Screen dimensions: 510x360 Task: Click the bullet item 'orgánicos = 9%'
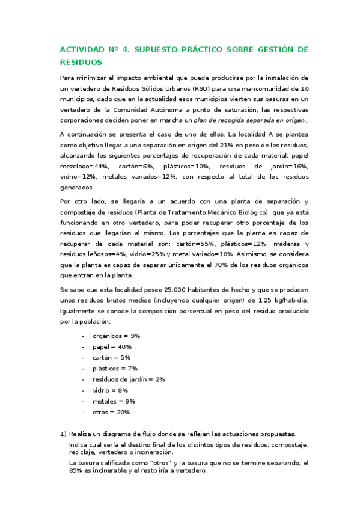[x=116, y=336]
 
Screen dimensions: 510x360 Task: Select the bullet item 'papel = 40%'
[x=112, y=347]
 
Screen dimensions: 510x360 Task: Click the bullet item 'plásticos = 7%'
[x=115, y=369]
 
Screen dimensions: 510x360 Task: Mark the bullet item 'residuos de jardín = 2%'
[x=129, y=379]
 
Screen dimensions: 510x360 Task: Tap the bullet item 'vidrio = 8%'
[x=110, y=390]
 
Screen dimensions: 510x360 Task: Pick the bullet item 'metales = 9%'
[x=114, y=401]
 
